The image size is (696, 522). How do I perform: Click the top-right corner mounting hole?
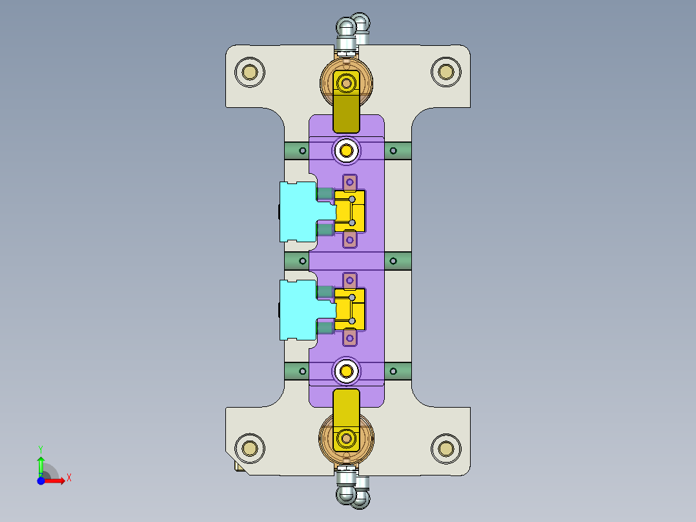445,72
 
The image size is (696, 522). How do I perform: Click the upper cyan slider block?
298,211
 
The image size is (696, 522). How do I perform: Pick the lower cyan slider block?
298,309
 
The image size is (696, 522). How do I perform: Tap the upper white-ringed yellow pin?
347,151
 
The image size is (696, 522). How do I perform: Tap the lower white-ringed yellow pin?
347,371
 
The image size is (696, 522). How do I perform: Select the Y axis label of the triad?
40,448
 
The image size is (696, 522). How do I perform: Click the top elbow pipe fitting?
352,28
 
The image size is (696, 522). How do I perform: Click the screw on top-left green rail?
302,151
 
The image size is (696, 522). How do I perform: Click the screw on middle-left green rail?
302,260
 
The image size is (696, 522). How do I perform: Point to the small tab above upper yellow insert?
349,182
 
